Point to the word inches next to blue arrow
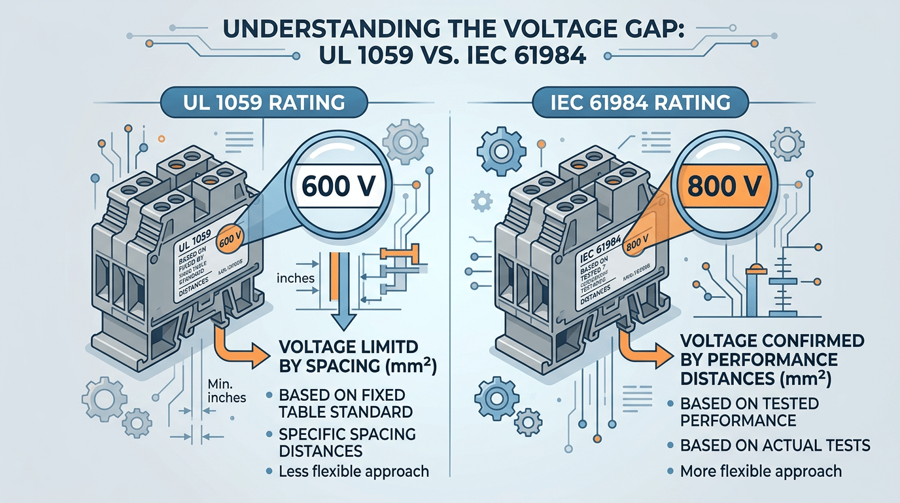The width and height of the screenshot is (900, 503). [x=296, y=278]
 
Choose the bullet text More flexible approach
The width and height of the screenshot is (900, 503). [x=761, y=471]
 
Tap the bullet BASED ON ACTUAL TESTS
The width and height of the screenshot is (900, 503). [x=775, y=445]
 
